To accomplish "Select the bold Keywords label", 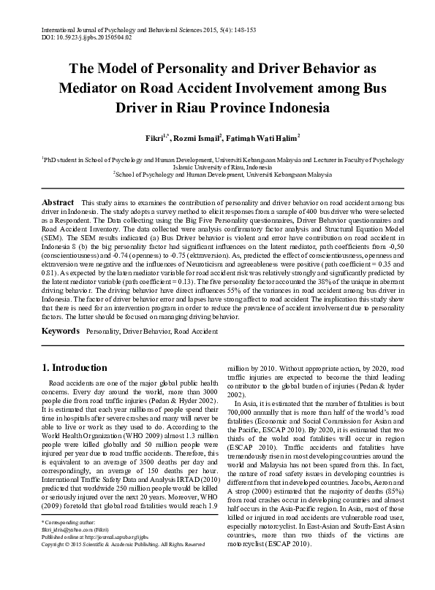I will pos(61,332).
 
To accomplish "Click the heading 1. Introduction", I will pos(77,367).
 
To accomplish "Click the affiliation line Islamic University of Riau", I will pos(217,166).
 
